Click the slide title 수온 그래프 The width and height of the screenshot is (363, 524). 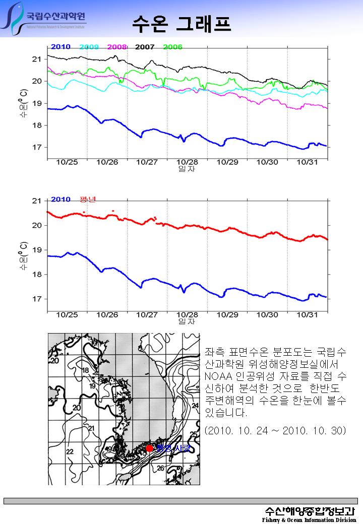(181, 23)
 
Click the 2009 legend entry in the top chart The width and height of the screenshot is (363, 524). (89, 47)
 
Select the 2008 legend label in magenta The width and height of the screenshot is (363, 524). (117, 47)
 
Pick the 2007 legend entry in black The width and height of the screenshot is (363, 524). (145, 47)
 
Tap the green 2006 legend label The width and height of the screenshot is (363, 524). (172, 47)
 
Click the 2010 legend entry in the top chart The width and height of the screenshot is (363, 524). (60, 47)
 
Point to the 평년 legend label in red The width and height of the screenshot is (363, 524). (88, 199)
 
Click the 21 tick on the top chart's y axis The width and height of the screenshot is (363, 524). (36, 59)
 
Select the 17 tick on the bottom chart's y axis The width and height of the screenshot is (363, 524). (36, 299)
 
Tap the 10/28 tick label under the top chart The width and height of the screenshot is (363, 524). (187, 162)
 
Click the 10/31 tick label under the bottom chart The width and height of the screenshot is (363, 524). (308, 314)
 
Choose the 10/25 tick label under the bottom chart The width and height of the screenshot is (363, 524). (67, 314)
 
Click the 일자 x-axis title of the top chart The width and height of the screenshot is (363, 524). (187, 169)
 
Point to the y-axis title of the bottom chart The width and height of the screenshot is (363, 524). (24, 256)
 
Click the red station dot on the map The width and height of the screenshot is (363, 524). (149, 448)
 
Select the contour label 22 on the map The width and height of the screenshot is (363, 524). (70, 451)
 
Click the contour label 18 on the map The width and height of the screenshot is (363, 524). (86, 370)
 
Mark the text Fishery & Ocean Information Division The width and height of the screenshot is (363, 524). (309, 519)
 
